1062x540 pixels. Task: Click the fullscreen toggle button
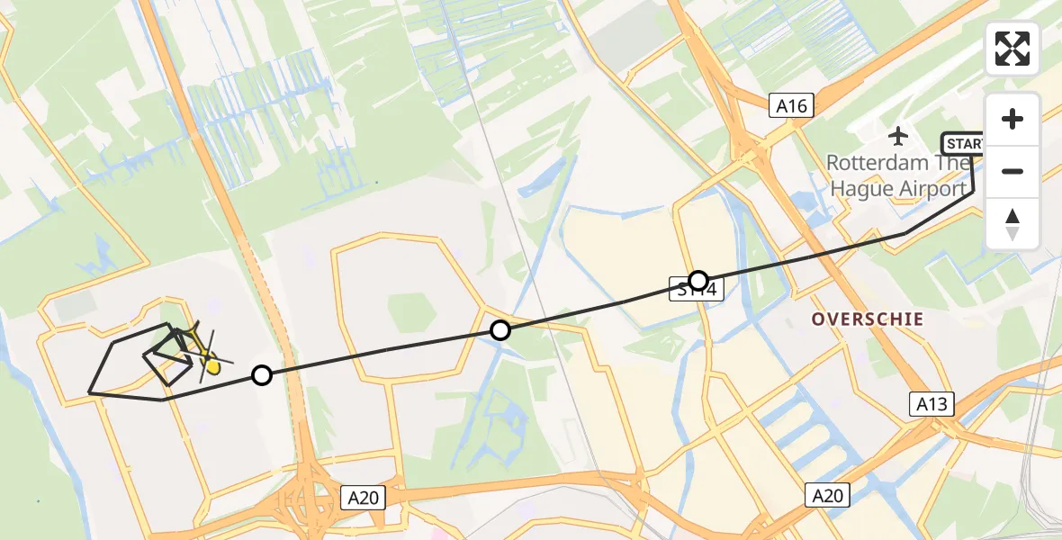[x=1012, y=49]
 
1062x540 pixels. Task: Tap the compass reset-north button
[x=1012, y=224]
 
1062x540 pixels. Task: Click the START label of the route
[x=963, y=144]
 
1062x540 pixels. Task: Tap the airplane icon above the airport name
[x=898, y=136]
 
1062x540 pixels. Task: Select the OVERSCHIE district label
[x=868, y=319]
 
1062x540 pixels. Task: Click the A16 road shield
[x=793, y=106]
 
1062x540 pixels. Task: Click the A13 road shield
[x=931, y=404]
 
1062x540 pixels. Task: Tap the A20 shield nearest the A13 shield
[x=827, y=495]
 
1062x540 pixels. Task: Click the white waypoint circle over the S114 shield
[x=698, y=280]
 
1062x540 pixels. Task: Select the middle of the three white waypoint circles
[x=500, y=330]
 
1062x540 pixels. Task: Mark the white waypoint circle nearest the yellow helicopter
[x=261, y=375]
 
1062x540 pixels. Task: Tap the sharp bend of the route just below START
[x=973, y=192]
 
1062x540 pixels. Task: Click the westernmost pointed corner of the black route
[x=89, y=392]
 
